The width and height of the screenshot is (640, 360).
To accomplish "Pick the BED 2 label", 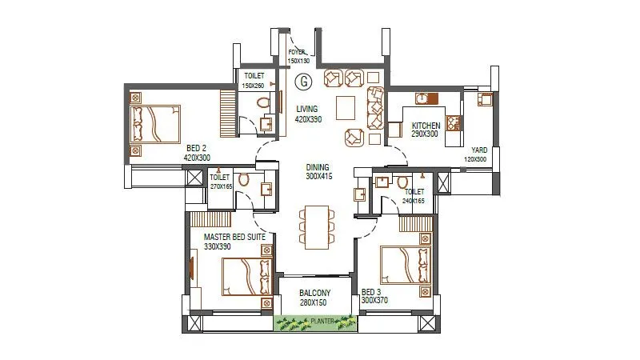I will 198,153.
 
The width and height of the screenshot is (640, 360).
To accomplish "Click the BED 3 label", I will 374,297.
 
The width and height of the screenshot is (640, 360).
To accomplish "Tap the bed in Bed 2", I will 156,124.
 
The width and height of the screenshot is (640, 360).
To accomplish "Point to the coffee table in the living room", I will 346,106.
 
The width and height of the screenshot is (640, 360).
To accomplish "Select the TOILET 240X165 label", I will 414,196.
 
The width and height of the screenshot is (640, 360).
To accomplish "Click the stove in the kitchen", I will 454,123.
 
